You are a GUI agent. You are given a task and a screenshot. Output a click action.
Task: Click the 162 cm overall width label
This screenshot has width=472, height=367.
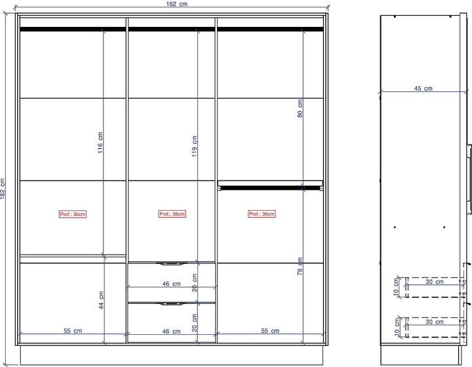[177, 4]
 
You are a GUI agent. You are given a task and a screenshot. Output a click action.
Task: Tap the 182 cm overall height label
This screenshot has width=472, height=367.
[3, 189]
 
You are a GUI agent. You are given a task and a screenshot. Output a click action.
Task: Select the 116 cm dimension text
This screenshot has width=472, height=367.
[100, 142]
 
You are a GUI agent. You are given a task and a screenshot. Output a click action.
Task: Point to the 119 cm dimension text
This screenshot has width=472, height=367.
[195, 146]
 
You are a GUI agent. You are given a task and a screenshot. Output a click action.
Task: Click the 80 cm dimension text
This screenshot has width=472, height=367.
[300, 108]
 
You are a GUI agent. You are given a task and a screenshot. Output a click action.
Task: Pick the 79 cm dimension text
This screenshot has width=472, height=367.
[300, 267]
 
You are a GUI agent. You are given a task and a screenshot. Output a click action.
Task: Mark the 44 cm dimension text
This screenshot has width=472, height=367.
[101, 300]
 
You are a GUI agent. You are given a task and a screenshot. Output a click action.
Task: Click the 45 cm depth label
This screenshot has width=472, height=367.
[423, 89]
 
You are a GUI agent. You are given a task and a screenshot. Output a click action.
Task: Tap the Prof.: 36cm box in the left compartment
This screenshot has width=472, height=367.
[73, 214]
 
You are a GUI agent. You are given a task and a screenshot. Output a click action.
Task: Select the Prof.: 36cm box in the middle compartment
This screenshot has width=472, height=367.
[172, 214]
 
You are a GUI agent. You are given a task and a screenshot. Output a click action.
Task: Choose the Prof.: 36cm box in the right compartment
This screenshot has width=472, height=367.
[262, 214]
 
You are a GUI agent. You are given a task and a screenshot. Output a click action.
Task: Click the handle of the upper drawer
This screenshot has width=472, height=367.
[172, 264]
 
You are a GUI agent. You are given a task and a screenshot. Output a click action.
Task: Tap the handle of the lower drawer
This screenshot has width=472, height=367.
[172, 304]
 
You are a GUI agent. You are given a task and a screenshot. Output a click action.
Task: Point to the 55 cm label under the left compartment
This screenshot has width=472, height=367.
[73, 330]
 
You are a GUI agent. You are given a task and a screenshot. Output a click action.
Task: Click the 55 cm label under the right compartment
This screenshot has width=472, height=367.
[270, 330]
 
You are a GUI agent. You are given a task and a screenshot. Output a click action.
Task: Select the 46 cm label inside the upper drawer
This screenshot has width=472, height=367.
[172, 284]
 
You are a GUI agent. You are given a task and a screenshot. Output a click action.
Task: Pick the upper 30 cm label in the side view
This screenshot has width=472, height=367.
[435, 282]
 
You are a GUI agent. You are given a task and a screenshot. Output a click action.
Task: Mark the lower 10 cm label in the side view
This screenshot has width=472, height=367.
[397, 327]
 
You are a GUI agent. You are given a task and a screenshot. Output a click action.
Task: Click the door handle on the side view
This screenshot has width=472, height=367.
[469, 179]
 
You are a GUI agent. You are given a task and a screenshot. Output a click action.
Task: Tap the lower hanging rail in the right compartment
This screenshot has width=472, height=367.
[270, 188]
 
